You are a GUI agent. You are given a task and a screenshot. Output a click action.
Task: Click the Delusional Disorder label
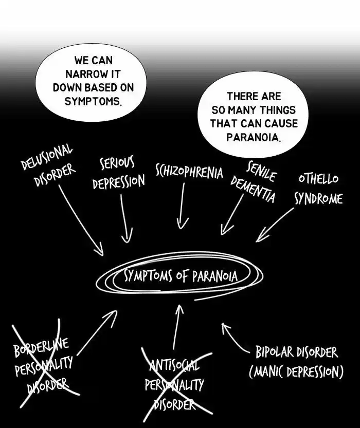click(x=47, y=166)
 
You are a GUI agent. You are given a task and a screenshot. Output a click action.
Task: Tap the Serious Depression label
click(x=118, y=173)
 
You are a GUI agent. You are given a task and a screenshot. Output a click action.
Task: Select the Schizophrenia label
click(x=189, y=172)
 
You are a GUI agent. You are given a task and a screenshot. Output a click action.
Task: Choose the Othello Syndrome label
click(x=318, y=189)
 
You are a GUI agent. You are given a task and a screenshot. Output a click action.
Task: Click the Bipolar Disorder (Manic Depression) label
click(x=297, y=362)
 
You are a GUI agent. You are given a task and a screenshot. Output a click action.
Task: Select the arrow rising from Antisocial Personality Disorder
click(x=176, y=327)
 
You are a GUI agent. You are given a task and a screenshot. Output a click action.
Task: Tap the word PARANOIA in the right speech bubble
click(x=253, y=137)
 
